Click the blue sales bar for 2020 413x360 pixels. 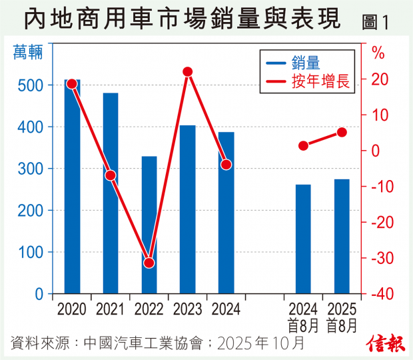click(72, 187)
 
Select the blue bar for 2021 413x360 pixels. click(111, 193)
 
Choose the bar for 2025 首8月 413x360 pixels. click(342, 236)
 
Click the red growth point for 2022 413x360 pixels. click(149, 263)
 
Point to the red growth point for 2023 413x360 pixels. click(188, 72)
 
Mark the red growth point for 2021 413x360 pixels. click(111, 175)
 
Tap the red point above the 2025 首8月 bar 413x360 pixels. click(342, 132)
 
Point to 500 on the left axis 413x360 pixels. click(32, 85)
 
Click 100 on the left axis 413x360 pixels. click(32, 252)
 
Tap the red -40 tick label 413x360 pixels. click(381, 294)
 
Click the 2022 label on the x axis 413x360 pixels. click(149, 309)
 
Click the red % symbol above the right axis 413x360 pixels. click(378, 52)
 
